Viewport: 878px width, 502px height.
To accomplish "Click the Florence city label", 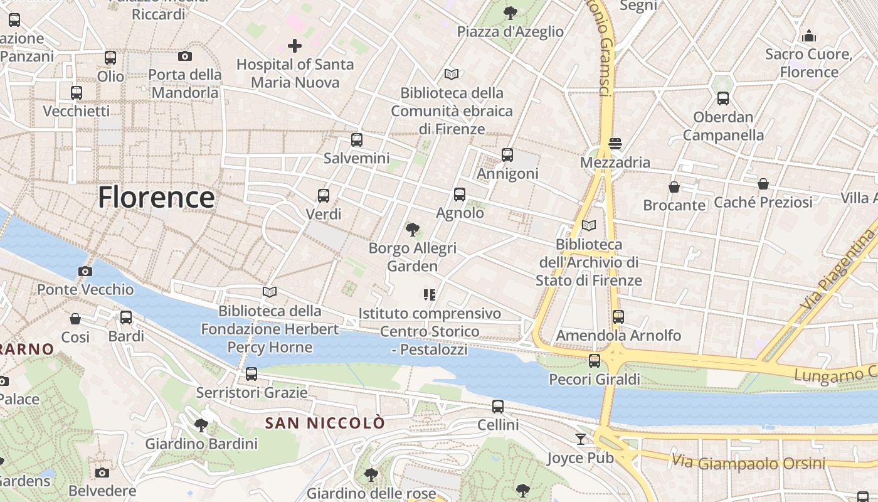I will [156, 197].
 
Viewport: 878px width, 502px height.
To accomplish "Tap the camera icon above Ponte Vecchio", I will [85, 271].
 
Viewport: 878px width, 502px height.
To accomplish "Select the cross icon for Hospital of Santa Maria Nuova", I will [294, 45].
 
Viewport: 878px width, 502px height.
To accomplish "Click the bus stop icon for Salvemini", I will [357, 140].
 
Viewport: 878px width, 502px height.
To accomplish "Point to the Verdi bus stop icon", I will [324, 195].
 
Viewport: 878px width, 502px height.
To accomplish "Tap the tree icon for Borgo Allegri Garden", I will [412, 230].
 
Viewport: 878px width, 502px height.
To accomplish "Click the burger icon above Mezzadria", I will [615, 144].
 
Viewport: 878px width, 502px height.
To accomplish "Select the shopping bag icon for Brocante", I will [674, 187].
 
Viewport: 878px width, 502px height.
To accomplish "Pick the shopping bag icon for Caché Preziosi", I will [763, 184].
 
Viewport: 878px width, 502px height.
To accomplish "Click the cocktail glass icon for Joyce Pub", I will [581, 439].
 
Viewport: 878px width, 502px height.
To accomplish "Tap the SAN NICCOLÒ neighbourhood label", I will [325, 424].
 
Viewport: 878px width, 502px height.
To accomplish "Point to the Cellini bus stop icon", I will [498, 406].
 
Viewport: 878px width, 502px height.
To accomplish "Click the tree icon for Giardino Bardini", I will [201, 425].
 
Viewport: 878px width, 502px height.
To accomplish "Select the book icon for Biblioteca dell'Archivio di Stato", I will [589, 225].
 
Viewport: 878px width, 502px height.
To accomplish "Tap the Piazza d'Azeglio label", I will [510, 31].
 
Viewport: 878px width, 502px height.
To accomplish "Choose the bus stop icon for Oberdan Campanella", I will [723, 99].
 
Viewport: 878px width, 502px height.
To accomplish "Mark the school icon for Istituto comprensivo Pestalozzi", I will [430, 294].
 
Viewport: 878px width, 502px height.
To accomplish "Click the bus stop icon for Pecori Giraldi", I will [595, 361].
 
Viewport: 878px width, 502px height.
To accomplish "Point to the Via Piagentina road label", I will [837, 270].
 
